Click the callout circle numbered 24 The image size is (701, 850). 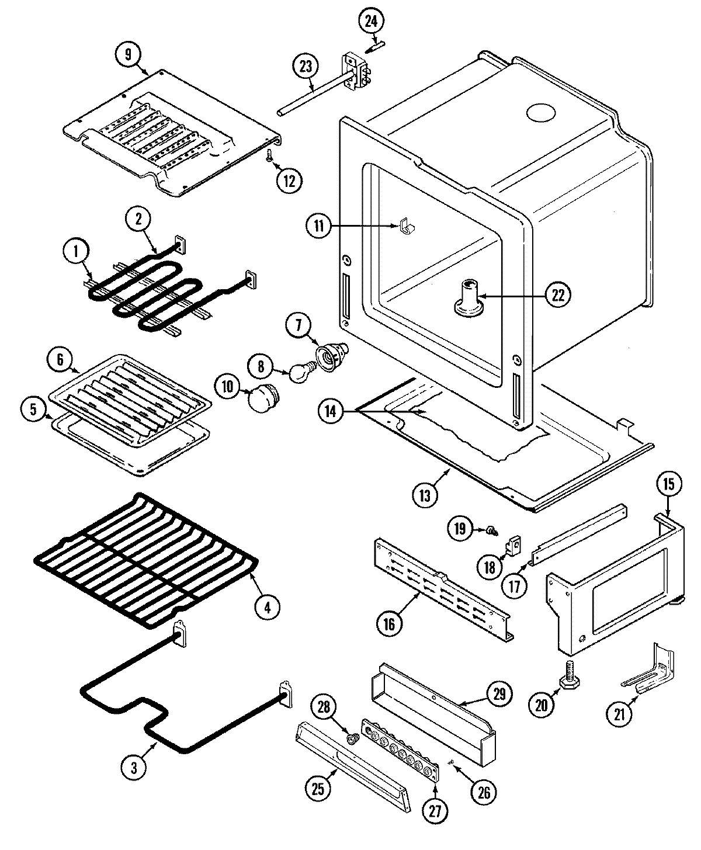(x=372, y=22)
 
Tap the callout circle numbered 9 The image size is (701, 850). (x=128, y=54)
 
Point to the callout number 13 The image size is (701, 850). (x=424, y=495)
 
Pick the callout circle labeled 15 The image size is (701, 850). (x=668, y=484)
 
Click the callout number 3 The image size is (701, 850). (x=134, y=769)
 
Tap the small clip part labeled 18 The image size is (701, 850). (x=512, y=546)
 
